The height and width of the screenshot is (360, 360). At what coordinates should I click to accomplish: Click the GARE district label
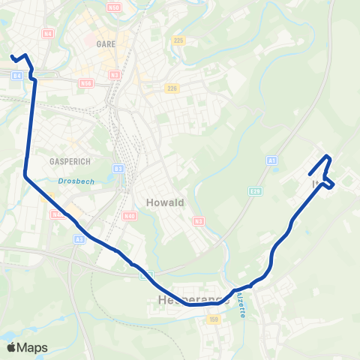[106, 44]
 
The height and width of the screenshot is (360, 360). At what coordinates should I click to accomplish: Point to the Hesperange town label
[192, 300]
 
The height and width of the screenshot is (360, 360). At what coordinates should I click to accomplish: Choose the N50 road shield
[114, 7]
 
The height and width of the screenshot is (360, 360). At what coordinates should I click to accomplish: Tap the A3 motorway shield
[79, 238]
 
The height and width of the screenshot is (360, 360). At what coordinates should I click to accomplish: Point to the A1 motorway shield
[271, 160]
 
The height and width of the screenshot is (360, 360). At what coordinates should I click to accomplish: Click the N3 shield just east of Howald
[198, 220]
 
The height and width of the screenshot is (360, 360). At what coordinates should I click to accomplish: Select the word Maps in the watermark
[34, 347]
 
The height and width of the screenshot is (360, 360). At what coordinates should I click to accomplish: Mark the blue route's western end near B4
[10, 56]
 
